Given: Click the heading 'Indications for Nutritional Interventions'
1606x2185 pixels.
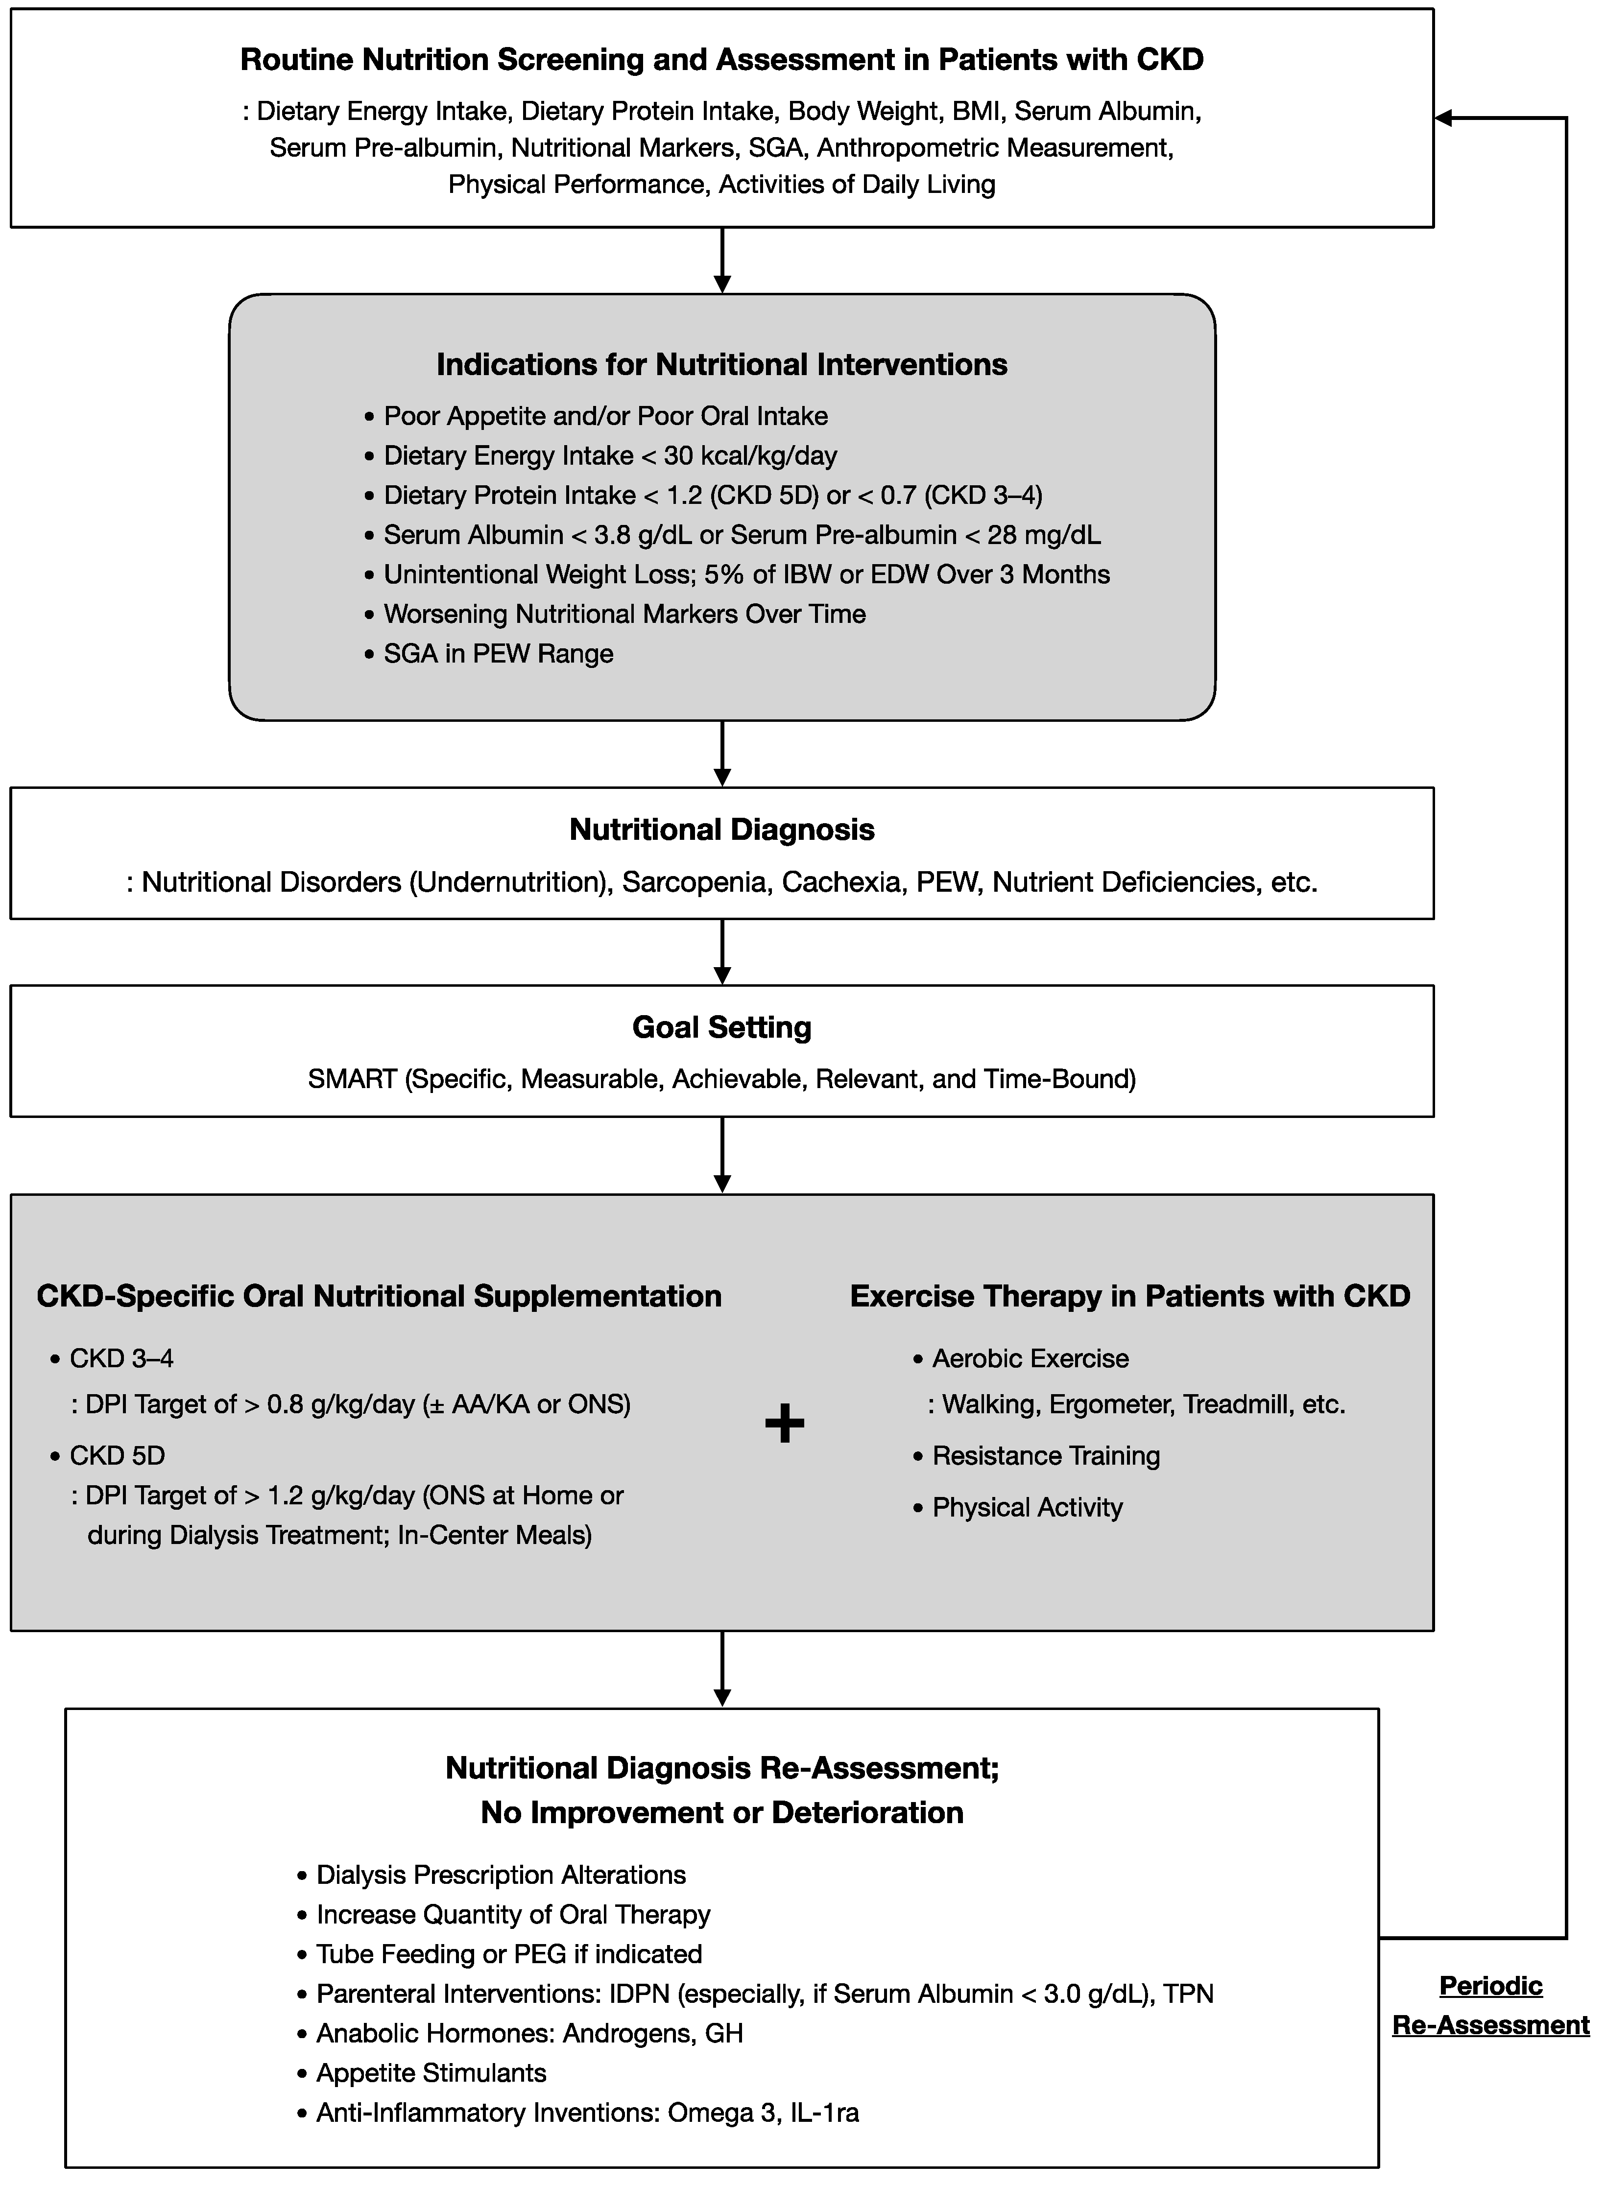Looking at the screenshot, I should click(x=721, y=364).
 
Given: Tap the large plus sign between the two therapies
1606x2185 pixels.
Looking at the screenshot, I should click(x=785, y=1424).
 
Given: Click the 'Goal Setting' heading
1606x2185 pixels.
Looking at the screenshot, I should click(x=721, y=1027).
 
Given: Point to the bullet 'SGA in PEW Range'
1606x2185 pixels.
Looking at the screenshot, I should click(x=498, y=653).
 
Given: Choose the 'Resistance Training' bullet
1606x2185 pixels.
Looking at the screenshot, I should click(x=1045, y=1455).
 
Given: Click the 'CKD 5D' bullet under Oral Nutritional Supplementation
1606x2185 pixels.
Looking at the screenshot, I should click(x=117, y=1455).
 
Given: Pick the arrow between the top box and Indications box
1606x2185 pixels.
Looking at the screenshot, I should click(x=721, y=260).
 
